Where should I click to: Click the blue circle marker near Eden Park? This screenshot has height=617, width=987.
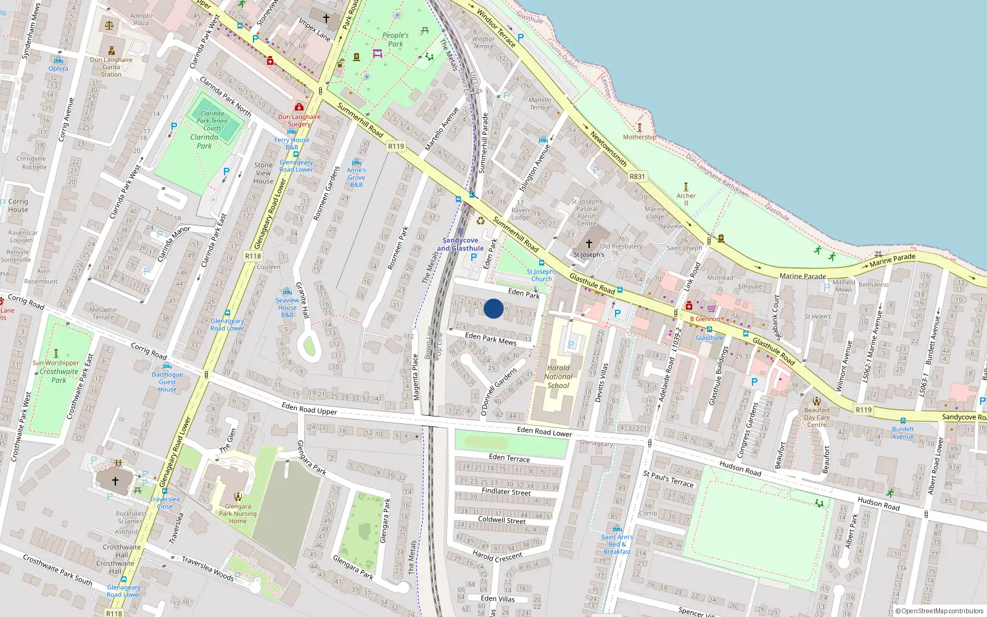click(x=493, y=308)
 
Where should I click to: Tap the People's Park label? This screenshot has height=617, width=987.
click(x=395, y=39)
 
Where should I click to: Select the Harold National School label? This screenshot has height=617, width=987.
click(x=559, y=376)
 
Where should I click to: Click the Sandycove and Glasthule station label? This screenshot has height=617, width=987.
click(x=460, y=244)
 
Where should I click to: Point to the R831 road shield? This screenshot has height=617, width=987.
click(x=637, y=176)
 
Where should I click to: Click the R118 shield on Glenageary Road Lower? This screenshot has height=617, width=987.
click(x=253, y=256)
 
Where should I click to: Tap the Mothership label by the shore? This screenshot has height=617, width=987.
click(x=640, y=137)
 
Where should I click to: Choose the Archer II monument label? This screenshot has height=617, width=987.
click(x=686, y=199)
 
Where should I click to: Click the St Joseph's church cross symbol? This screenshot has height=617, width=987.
click(x=588, y=244)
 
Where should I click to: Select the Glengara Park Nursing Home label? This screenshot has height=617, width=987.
click(x=237, y=513)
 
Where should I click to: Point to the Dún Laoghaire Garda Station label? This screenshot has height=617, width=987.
click(x=111, y=67)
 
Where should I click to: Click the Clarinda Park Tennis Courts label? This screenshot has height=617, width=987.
click(x=212, y=121)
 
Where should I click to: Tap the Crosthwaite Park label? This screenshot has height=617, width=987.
click(x=59, y=376)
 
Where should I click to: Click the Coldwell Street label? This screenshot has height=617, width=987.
click(x=502, y=520)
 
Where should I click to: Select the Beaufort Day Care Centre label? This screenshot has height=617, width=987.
click(x=817, y=417)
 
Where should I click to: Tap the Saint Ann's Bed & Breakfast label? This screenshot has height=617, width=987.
click(x=617, y=544)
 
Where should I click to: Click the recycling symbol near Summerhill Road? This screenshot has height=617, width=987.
click(x=480, y=221)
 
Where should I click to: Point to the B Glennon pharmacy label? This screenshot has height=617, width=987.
click(x=705, y=319)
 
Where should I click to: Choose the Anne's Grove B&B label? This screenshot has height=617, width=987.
click(x=356, y=177)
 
